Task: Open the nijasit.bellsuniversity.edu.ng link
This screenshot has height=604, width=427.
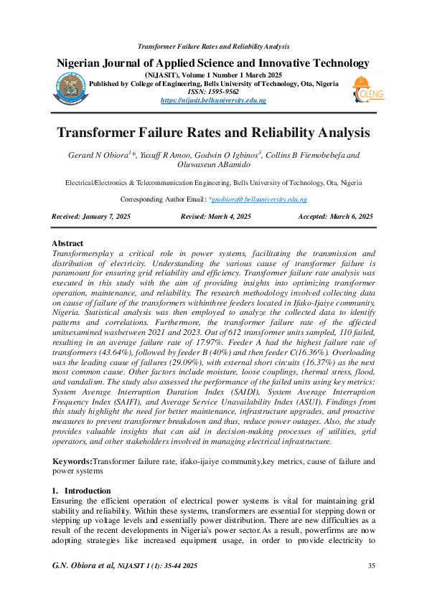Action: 212,100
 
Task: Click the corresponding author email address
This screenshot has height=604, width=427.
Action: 248,199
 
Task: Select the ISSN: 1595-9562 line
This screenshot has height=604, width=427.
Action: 213,92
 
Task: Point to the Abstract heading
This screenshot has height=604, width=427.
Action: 67,244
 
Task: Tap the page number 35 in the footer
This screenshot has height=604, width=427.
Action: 372,567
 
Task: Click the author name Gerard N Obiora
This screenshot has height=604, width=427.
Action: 98,155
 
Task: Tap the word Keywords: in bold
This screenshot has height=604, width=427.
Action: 72,461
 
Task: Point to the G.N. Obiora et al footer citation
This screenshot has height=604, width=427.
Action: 83,567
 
